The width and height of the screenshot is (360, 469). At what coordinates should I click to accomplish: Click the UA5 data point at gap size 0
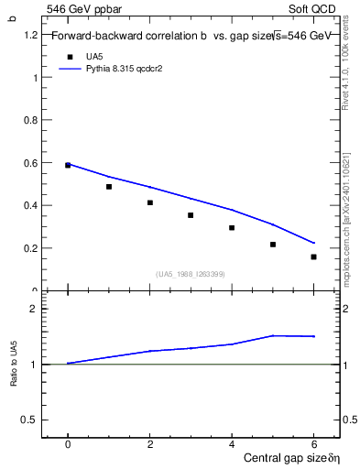[x=68, y=165]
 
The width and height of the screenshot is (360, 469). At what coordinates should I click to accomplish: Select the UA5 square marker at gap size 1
[x=109, y=187]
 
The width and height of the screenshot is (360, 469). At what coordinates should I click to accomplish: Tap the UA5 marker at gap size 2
[x=149, y=202]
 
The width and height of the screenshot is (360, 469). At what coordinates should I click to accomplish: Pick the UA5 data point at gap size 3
[x=191, y=215]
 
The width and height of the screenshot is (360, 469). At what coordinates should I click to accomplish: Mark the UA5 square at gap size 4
[x=232, y=228]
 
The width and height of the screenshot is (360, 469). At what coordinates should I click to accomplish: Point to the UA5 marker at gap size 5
[x=273, y=245]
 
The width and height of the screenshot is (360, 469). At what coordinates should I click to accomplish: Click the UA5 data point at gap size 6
[x=313, y=257]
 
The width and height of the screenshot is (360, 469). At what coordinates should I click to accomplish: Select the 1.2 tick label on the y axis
[x=29, y=35]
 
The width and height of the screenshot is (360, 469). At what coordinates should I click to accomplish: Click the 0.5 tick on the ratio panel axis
[x=29, y=420]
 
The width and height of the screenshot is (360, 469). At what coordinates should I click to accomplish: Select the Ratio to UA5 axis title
[x=14, y=365]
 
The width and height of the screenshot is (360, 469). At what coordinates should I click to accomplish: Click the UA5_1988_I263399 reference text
[x=191, y=274]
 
